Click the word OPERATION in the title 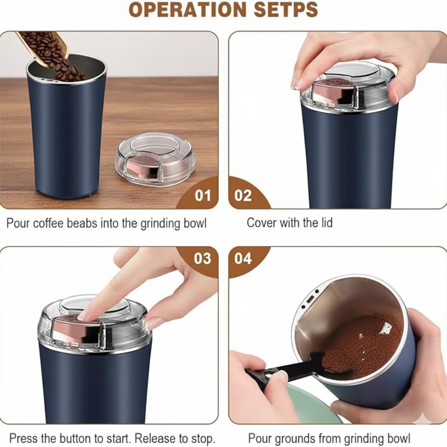tap(181, 10)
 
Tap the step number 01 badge tap(203, 195)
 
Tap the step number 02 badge tap(243, 195)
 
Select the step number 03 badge tap(203, 258)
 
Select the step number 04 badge tap(243, 258)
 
